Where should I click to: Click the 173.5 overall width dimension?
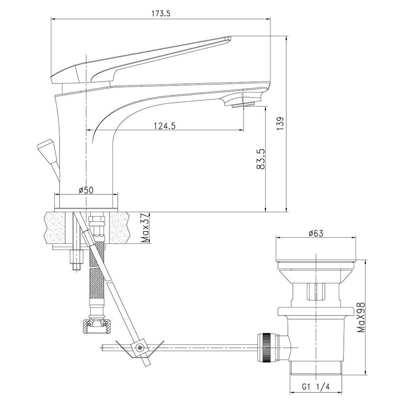[x=161, y=14]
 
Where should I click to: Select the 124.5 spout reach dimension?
[x=165, y=126]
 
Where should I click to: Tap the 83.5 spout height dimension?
[x=261, y=159]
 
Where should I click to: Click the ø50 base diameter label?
[x=86, y=190]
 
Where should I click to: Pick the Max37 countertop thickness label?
[x=146, y=228]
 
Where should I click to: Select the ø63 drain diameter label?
[x=316, y=233]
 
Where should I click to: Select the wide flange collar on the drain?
[x=315, y=311]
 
